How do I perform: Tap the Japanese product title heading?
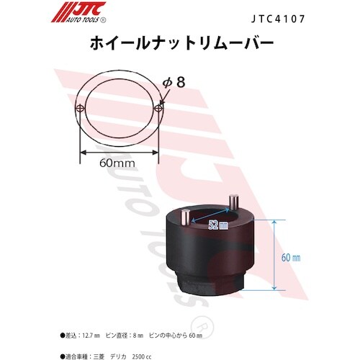tap(179, 44)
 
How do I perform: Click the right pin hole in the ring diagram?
tap(157, 108)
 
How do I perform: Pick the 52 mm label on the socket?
tap(218, 225)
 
